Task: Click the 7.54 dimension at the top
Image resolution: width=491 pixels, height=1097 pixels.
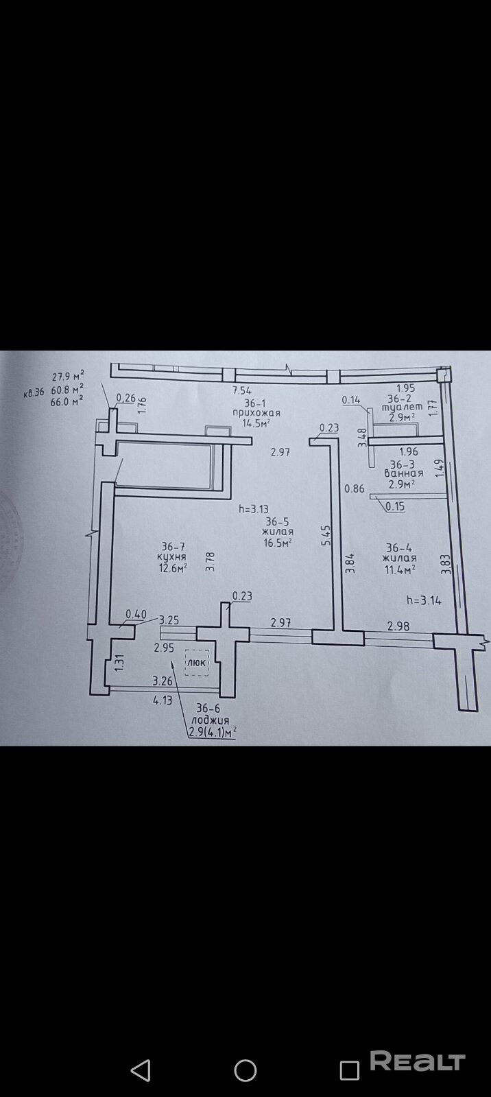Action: [241, 390]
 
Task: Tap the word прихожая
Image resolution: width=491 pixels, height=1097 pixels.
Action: [256, 413]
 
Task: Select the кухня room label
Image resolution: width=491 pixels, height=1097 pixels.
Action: [171, 557]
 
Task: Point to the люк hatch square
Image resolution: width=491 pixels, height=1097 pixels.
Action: [197, 663]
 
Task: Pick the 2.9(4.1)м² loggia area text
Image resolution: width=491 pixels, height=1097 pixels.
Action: [213, 731]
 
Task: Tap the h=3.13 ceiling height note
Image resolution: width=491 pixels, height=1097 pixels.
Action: [253, 509]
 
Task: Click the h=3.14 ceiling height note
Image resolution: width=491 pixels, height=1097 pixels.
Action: [424, 600]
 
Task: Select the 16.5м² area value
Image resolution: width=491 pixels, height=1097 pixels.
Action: [277, 543]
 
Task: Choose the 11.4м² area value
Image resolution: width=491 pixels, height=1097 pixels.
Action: [401, 569]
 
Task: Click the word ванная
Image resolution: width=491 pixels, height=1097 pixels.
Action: [403, 473]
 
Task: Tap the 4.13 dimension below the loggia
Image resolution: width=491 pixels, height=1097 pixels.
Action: [162, 700]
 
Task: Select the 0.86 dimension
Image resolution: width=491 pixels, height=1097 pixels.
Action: [354, 489]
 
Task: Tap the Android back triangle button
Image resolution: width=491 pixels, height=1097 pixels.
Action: [141, 1070]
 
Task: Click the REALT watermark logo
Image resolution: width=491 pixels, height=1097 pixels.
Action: [418, 1062]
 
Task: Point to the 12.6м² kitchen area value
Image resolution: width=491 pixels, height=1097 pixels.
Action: [172, 568]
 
